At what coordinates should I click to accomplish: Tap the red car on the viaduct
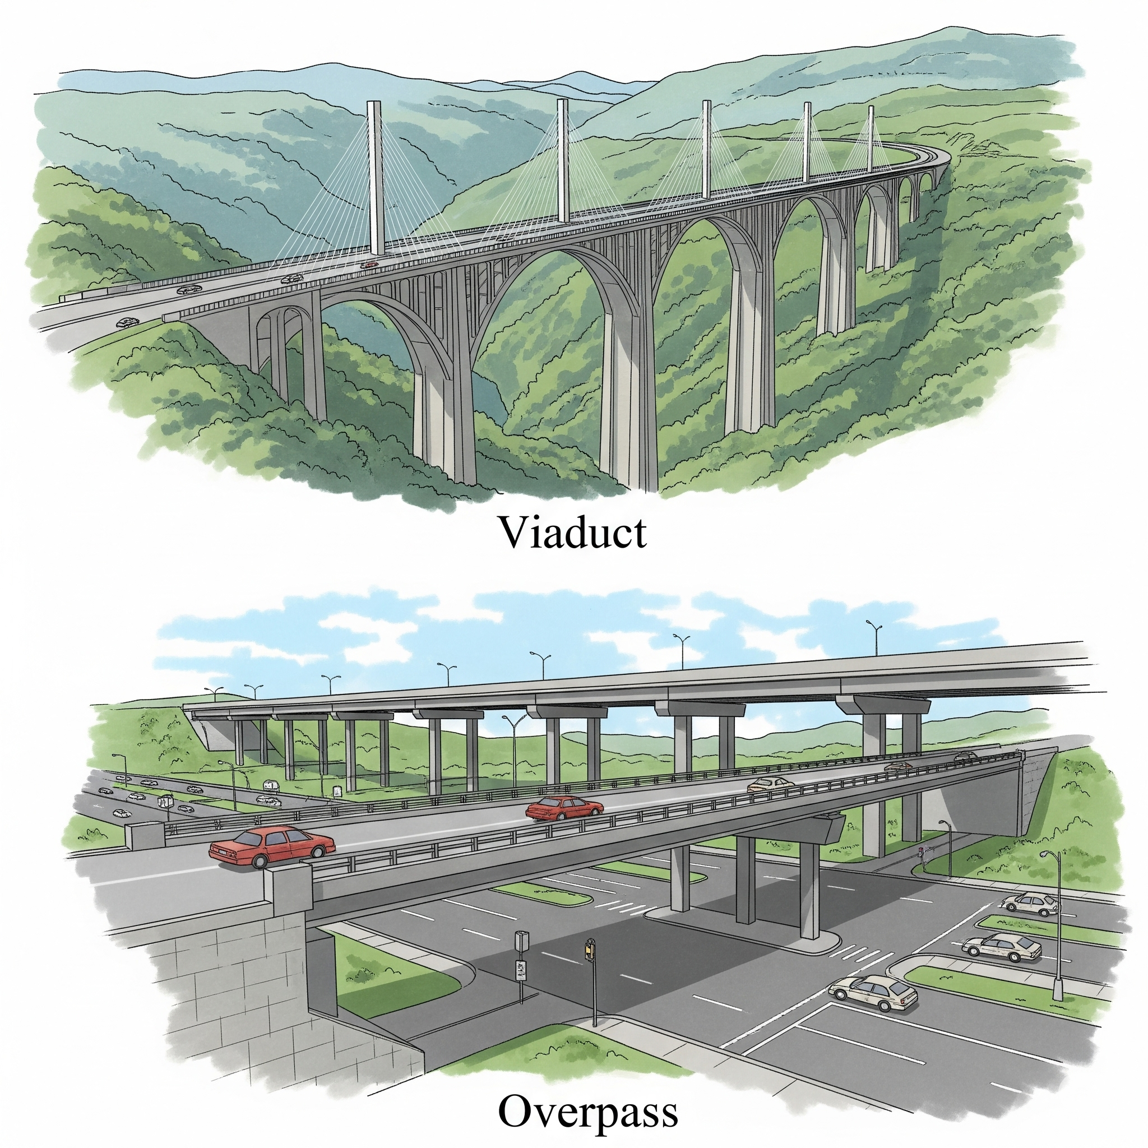pyautogui.click(x=369, y=265)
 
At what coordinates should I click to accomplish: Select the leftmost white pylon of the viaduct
pyautogui.click(x=375, y=178)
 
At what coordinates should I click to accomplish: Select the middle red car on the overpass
pyautogui.click(x=564, y=808)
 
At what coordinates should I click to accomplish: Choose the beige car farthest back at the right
pyautogui.click(x=1029, y=904)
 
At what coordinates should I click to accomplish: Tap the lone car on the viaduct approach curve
pyautogui.click(x=127, y=323)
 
